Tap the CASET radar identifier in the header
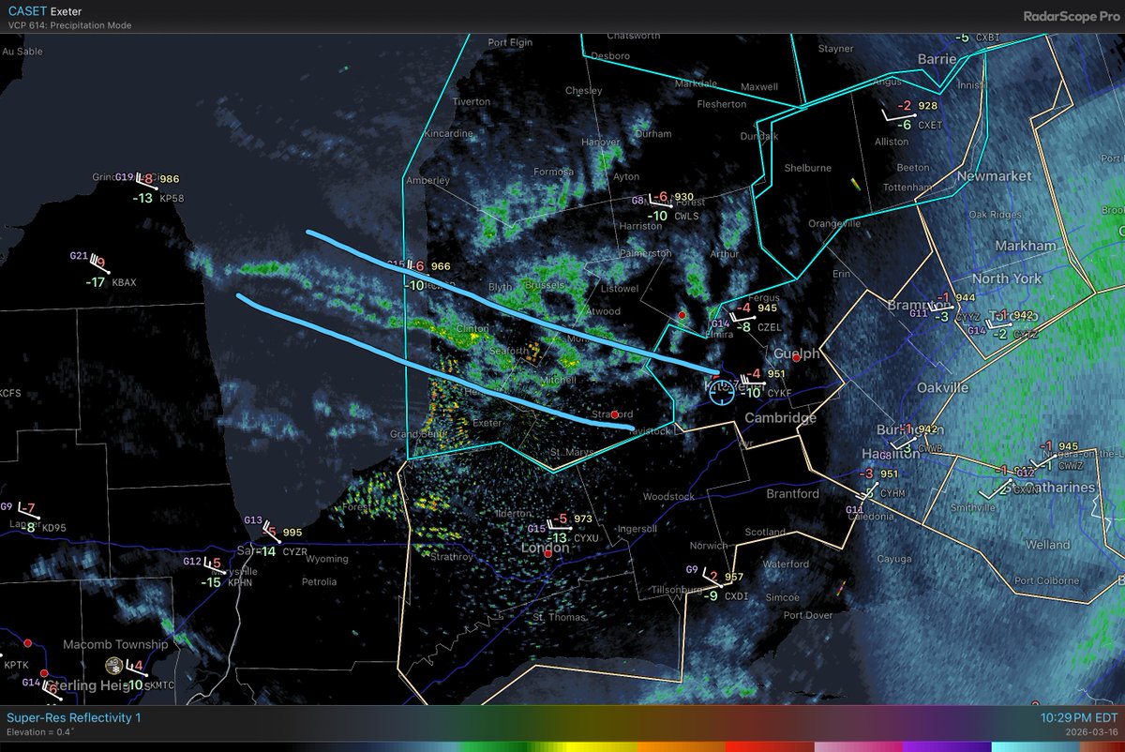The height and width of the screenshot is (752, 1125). pos(25,10)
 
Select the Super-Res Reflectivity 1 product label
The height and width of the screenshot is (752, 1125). pos(74,717)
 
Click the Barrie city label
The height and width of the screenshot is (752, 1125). pos(937,58)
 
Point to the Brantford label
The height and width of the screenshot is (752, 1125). pos(766,493)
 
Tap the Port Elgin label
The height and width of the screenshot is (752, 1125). pos(510,42)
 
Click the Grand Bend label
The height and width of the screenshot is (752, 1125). pos(416,434)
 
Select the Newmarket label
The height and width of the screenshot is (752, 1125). pos(995,176)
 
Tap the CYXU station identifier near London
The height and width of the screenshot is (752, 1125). pos(586,538)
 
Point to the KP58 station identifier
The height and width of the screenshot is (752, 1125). pos(172,199)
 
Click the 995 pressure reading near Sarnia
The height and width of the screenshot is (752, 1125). pos(292,533)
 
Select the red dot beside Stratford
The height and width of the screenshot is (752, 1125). pos(614,414)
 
